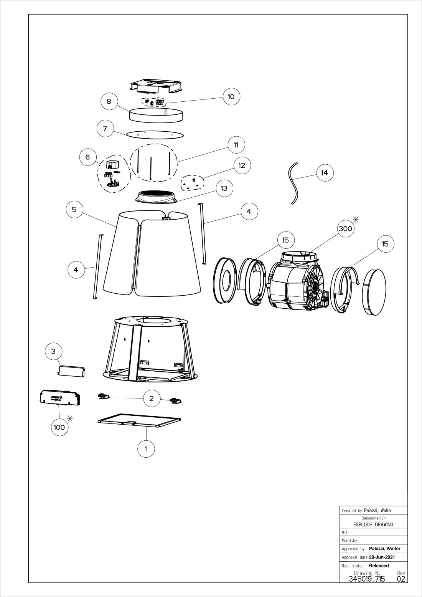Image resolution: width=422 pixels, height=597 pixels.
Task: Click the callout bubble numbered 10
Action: pyautogui.click(x=231, y=96)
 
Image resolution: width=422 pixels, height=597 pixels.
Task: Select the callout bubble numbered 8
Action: pyautogui.click(x=109, y=101)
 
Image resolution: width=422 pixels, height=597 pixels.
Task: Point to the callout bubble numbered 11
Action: pyautogui.click(x=236, y=145)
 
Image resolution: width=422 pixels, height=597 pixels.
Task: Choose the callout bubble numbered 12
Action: pyautogui.click(x=242, y=165)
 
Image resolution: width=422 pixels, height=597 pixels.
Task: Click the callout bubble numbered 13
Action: pyautogui.click(x=224, y=188)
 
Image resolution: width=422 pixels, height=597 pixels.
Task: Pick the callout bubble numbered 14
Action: pyautogui.click(x=325, y=173)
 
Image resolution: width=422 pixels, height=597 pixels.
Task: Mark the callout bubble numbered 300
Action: pyautogui.click(x=346, y=228)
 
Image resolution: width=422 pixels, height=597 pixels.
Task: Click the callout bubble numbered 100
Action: pyautogui.click(x=59, y=427)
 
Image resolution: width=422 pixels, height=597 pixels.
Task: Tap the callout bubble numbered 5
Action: pyautogui.click(x=74, y=209)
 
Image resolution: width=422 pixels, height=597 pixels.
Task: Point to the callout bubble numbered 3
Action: pyautogui.click(x=53, y=351)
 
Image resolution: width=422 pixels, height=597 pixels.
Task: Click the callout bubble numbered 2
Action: pyautogui.click(x=152, y=398)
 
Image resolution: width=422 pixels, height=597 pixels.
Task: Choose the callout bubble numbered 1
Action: pyautogui.click(x=146, y=449)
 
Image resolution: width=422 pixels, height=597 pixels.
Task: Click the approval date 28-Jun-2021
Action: pyautogui.click(x=382, y=557)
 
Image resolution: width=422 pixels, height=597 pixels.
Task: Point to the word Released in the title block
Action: pyautogui.click(x=379, y=566)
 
